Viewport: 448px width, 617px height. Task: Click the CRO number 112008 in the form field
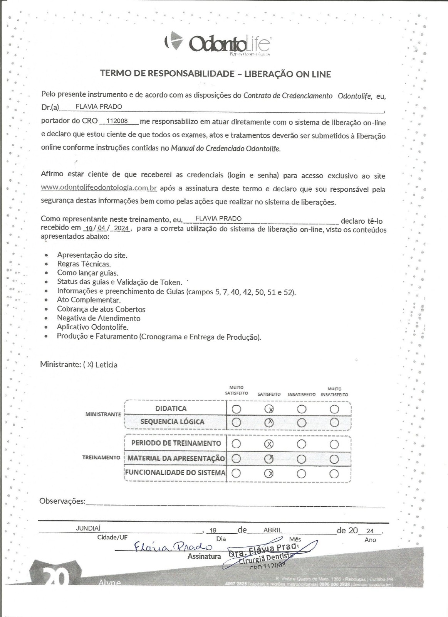(117, 121)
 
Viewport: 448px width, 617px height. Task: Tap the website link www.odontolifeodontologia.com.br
(99, 188)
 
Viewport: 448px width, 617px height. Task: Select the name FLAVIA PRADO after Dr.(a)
(99, 107)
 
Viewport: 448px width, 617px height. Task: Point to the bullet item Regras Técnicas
(84, 264)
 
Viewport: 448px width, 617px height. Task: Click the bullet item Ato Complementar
(89, 300)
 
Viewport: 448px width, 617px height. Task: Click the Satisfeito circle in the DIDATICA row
(269, 409)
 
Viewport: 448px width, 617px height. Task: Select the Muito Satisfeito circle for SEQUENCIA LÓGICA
(237, 423)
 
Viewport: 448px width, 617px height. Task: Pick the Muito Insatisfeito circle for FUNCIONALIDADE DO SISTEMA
(334, 474)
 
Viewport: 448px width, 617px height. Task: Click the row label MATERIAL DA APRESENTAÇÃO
(176, 459)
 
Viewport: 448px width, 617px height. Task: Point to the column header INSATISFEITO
(302, 394)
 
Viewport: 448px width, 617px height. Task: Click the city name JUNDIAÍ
(88, 529)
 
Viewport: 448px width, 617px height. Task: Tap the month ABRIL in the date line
(272, 530)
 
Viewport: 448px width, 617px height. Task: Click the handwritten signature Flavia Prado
(173, 547)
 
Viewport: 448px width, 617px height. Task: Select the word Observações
(62, 501)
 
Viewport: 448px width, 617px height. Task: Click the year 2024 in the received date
(121, 228)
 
